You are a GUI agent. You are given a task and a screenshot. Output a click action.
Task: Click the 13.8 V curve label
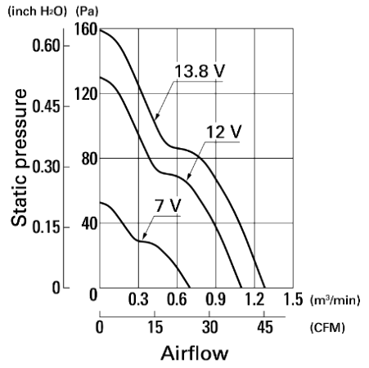[200, 71]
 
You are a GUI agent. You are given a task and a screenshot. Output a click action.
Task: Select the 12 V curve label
[223, 132]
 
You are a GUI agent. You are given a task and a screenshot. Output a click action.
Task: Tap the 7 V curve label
[169, 205]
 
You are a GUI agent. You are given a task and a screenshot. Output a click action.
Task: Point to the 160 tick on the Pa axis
[86, 29]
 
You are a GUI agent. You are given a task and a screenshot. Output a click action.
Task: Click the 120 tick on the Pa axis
[86, 94]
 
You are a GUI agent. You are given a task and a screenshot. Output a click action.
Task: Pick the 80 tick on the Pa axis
[89, 159]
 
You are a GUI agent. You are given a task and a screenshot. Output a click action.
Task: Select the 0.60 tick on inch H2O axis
[46, 45]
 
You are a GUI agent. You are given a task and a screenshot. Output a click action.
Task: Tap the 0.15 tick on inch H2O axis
[46, 227]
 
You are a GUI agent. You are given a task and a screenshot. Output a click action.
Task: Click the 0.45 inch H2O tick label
[46, 106]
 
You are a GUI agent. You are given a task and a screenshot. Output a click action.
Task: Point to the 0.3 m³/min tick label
[138, 299]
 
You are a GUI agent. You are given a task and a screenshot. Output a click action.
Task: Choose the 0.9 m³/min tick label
[216, 299]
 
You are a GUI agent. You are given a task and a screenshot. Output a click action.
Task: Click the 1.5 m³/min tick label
[293, 299]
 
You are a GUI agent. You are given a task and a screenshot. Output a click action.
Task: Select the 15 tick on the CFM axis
[155, 327]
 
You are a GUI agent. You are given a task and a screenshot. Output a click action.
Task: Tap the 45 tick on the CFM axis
[264, 327]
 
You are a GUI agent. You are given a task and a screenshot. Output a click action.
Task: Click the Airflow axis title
[195, 353]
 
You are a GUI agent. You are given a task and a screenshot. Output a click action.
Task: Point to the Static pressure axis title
[19, 157]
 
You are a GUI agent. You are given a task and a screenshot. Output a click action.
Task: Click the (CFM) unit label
[327, 327]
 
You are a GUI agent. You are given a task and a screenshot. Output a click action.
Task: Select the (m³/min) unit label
[335, 300]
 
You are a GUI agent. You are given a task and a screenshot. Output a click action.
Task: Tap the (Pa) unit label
[87, 11]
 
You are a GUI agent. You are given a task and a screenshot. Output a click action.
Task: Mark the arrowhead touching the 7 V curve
[145, 236]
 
